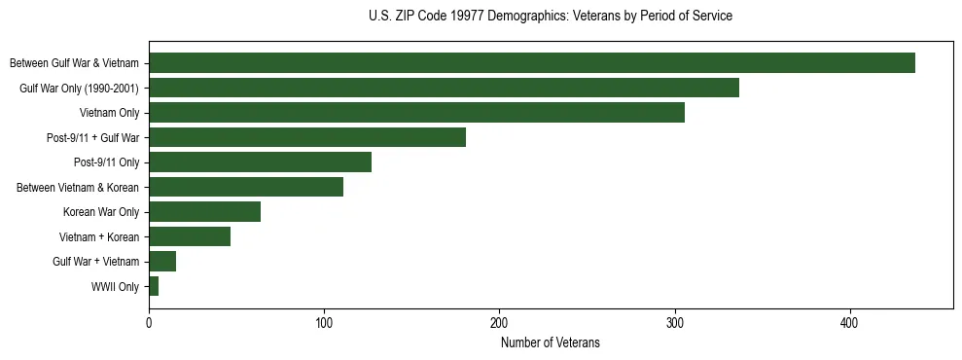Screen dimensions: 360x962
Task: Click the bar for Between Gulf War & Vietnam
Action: pos(531,63)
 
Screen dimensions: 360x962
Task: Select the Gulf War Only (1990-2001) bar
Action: pos(444,88)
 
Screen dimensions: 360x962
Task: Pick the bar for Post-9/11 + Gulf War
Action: pos(307,137)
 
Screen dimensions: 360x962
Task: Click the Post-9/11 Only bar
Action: pos(260,162)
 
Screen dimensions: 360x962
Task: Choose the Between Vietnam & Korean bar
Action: pos(246,187)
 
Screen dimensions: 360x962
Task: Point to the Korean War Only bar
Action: pos(204,212)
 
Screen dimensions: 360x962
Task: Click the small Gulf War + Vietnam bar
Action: pos(162,262)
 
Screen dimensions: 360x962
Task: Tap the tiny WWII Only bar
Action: pos(154,287)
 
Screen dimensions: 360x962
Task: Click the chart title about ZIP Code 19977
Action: pos(551,17)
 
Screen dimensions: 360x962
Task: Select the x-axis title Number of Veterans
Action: pos(551,343)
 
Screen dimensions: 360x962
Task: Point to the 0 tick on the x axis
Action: pos(149,323)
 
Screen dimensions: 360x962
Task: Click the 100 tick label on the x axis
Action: pos(324,323)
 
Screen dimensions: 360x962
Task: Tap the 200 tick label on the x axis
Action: pos(499,323)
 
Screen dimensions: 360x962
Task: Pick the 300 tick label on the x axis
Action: pos(675,323)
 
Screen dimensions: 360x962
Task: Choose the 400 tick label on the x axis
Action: pos(850,323)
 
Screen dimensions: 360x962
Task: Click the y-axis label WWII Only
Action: pos(115,287)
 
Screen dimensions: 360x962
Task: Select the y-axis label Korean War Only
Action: pos(101,212)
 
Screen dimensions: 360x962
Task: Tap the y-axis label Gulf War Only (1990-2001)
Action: pos(80,88)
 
